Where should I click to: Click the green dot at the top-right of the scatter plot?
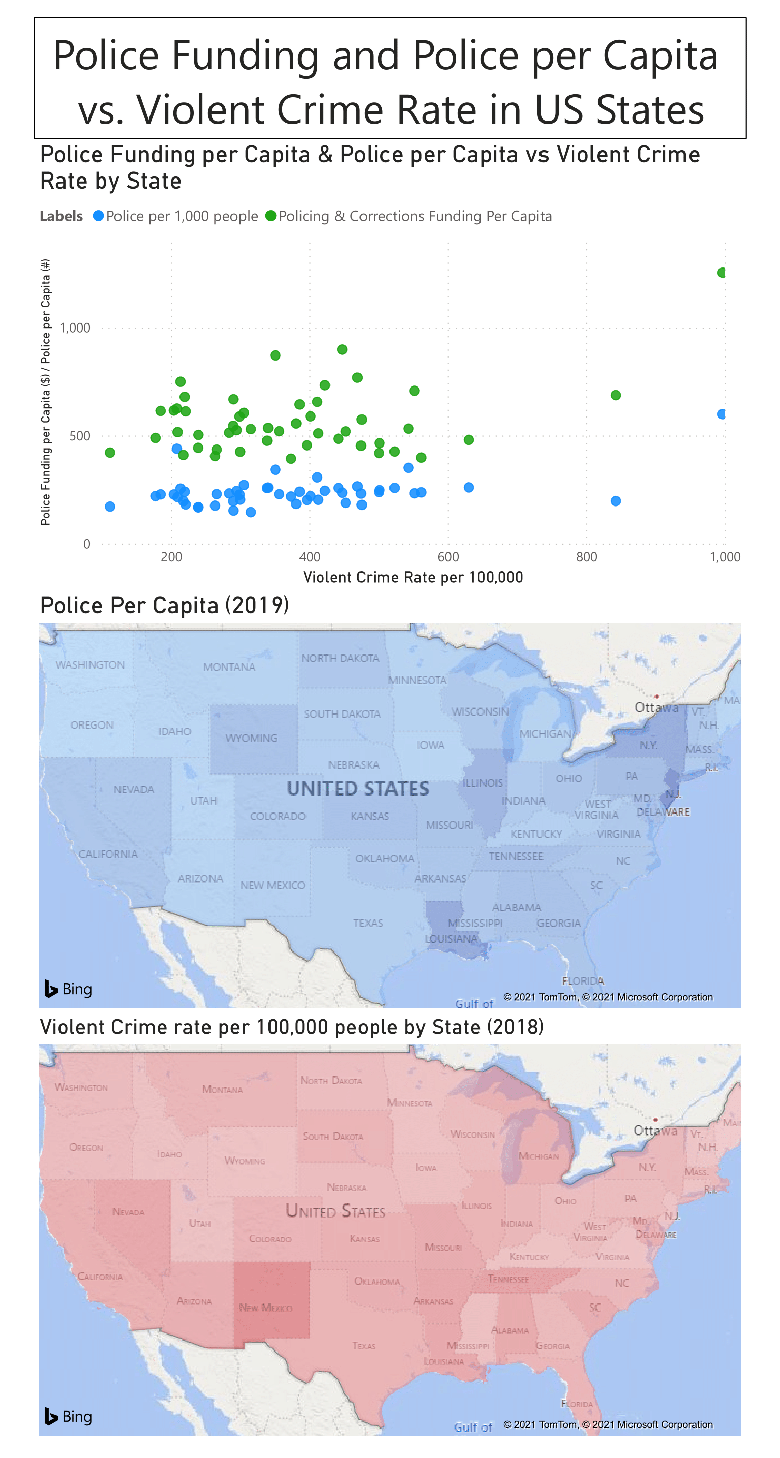[x=722, y=273]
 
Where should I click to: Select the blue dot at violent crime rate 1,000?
[x=722, y=414]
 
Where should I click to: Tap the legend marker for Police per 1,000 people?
[x=99, y=216]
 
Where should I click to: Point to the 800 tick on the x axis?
[x=586, y=557]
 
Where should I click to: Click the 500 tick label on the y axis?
[x=80, y=436]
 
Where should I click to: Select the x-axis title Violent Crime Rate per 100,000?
[x=413, y=577]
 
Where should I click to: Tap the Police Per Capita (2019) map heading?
[x=164, y=605]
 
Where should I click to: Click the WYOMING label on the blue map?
[x=251, y=738]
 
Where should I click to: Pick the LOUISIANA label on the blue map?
[x=451, y=939]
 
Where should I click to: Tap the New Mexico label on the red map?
[x=265, y=1308]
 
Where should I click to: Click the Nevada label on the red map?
[x=128, y=1212]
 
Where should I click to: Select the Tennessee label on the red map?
[x=508, y=1279]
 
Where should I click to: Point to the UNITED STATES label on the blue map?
[x=358, y=788]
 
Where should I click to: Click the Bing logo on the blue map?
[x=69, y=989]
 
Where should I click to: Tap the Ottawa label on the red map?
[x=655, y=1131]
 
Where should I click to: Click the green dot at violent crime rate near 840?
[x=616, y=395]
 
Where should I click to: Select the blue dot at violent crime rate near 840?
[x=616, y=501]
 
